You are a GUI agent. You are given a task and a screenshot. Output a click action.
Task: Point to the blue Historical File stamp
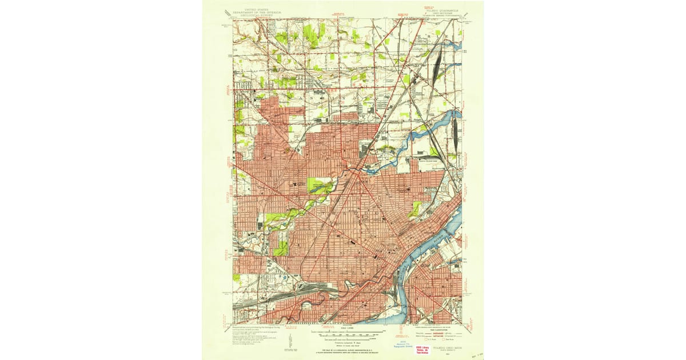403,345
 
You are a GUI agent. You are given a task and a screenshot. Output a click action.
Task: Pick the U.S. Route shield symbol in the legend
422,339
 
